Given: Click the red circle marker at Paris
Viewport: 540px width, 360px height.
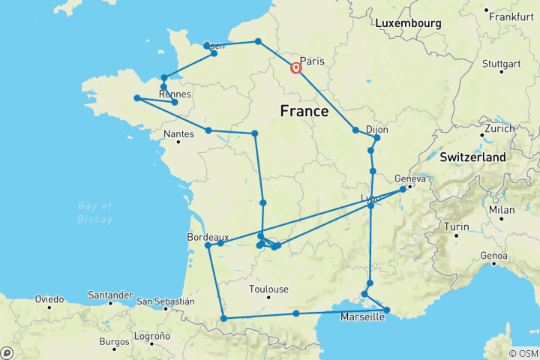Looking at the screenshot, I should click(x=296, y=68).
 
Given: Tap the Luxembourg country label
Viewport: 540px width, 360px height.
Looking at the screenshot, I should click(x=408, y=23).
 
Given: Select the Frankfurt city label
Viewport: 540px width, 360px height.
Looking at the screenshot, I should click(x=509, y=16).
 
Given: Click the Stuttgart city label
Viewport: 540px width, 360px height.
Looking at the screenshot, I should click(x=503, y=63).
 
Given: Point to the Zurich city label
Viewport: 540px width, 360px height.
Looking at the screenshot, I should click(x=499, y=128).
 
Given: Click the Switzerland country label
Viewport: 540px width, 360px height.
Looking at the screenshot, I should click(x=472, y=157).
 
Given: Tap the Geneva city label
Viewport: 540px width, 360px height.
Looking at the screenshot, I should click(x=410, y=178).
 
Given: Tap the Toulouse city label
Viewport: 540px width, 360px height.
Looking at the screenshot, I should click(x=269, y=289).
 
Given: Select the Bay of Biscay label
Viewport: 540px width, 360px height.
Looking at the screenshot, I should click(x=96, y=212).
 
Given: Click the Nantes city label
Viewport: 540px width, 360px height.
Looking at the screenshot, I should click(x=178, y=134).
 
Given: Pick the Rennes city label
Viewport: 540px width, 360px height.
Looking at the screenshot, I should click(x=175, y=94).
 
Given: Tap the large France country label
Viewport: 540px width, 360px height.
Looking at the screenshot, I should click(x=304, y=112).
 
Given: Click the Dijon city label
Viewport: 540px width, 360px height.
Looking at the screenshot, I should click(x=376, y=129).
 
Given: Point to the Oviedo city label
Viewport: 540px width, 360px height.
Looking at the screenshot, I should click(x=49, y=298).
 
